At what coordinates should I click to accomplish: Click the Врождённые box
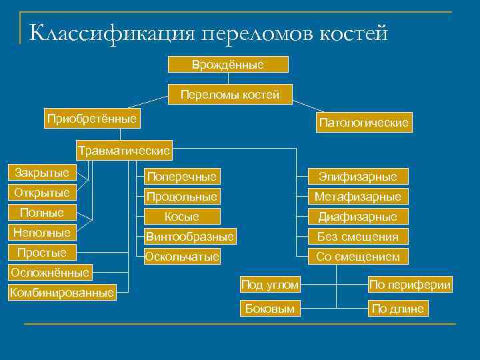click(x=227, y=65)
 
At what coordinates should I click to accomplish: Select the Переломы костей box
click(x=229, y=95)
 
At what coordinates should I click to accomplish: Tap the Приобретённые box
click(x=91, y=119)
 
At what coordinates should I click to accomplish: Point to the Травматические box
click(x=124, y=150)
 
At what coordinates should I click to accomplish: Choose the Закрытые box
click(x=42, y=173)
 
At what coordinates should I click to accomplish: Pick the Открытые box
click(x=42, y=193)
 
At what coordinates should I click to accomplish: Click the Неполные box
click(x=42, y=233)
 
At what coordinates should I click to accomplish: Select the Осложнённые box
click(x=49, y=272)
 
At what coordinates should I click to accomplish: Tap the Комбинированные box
click(x=61, y=292)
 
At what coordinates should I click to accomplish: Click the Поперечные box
click(x=182, y=177)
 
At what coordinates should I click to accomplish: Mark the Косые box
click(x=182, y=217)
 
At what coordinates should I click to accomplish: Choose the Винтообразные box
click(x=189, y=237)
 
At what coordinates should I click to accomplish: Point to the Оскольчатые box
click(x=182, y=257)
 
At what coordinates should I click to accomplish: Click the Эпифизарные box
click(x=357, y=177)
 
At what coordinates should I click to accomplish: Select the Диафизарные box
click(x=357, y=217)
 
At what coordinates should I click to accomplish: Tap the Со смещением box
click(x=357, y=257)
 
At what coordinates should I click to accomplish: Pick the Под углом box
click(x=269, y=285)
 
